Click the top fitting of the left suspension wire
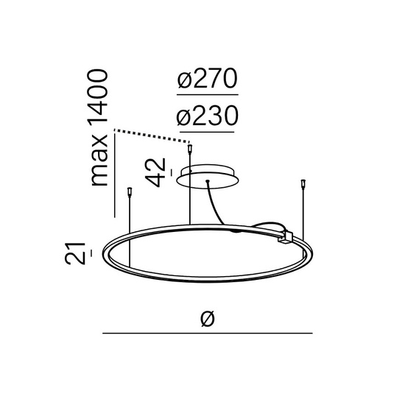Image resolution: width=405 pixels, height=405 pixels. (130, 193)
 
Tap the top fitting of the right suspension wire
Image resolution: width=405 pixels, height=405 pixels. (303, 183)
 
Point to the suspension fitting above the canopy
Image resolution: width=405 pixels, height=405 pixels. (191, 149)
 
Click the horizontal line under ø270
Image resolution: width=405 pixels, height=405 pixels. (208, 96)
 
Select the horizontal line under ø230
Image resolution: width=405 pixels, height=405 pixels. (208, 131)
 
